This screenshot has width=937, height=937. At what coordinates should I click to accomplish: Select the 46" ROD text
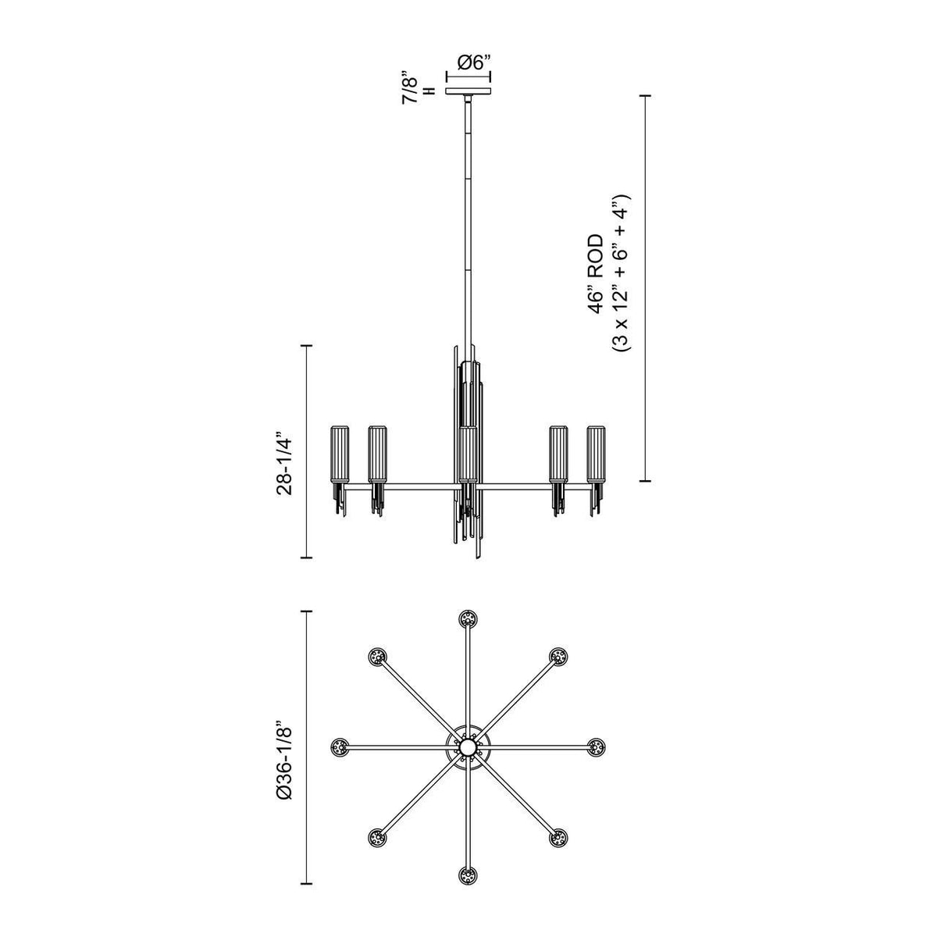point(597,273)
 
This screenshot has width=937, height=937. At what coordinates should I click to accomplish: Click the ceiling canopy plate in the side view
point(468,92)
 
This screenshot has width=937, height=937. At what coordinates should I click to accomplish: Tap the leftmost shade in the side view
point(340,454)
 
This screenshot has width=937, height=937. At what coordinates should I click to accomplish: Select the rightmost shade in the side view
point(597,454)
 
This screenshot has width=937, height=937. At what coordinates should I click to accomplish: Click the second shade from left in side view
point(378,454)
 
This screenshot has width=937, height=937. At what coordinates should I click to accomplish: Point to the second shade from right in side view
point(558,454)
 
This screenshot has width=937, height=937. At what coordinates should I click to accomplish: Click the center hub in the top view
point(468,748)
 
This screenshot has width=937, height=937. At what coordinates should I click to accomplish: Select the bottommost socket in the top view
point(468,875)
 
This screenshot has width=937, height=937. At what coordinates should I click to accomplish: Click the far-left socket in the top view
point(340,747)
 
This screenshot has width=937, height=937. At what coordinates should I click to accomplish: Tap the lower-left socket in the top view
point(378,838)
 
